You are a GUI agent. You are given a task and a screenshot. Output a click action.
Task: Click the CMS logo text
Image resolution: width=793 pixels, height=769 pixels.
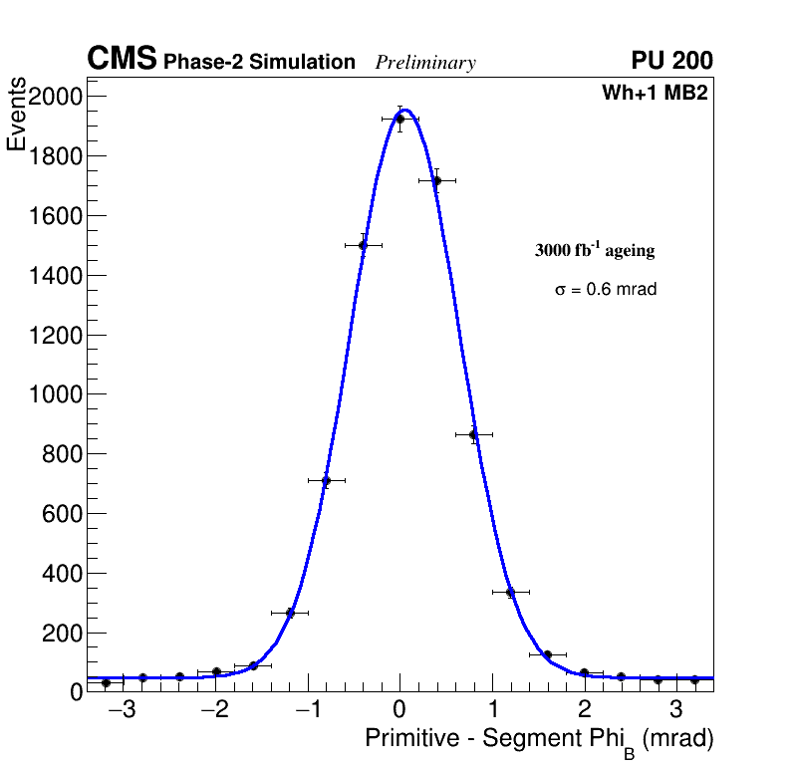point(122,60)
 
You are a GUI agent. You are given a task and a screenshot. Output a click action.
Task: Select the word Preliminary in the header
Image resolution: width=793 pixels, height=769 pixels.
point(425,63)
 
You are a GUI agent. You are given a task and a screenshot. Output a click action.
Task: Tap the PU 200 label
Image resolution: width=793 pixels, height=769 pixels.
point(671,61)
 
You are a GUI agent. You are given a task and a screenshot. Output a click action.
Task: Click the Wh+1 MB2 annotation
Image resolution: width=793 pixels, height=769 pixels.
point(655,94)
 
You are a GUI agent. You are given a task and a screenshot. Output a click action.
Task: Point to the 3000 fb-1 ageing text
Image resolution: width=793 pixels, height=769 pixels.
point(595,250)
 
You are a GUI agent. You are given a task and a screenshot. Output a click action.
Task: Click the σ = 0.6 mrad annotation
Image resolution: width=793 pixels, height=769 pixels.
point(606,290)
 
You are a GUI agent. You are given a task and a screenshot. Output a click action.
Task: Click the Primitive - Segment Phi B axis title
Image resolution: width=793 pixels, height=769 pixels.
point(539,740)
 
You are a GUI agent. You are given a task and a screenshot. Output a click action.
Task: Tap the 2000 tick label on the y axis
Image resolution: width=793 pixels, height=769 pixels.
point(57,97)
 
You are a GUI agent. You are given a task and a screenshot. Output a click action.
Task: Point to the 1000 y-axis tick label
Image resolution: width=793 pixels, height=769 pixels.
point(57,394)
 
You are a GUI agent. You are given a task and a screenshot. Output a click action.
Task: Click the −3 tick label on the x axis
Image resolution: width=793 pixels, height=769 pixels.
point(122,710)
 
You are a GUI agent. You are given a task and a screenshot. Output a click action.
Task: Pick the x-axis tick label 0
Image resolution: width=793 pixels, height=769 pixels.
point(399,710)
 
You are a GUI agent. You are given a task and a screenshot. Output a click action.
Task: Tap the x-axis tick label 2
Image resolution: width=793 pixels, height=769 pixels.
point(584,710)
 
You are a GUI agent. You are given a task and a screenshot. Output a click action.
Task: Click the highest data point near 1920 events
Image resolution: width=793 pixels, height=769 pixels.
point(399,119)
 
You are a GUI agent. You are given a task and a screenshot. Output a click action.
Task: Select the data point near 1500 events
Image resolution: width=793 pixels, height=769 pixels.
point(363,245)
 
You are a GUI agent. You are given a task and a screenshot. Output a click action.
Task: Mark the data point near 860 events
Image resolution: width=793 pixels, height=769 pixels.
point(473,434)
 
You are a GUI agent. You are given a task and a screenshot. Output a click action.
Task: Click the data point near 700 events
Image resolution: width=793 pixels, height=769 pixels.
point(326,480)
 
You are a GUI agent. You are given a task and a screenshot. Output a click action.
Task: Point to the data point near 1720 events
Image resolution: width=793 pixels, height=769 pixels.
point(436,180)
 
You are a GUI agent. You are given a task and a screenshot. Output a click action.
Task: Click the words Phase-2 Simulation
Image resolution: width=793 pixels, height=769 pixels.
point(259,63)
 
